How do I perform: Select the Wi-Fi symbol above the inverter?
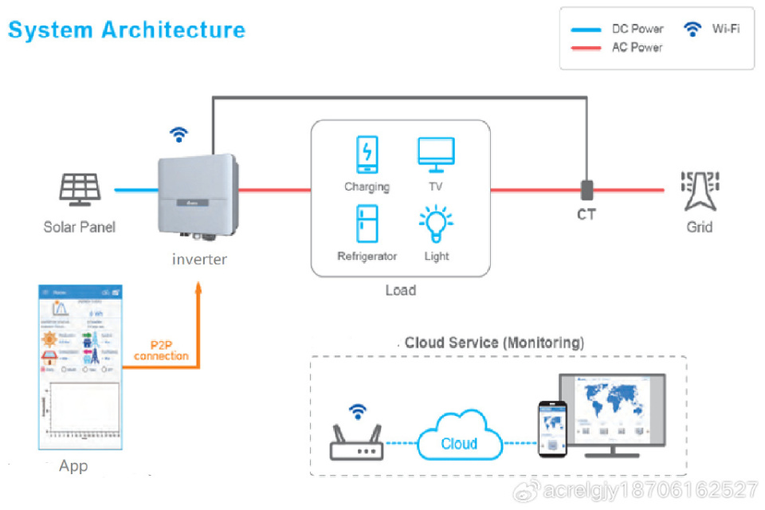click(179, 134)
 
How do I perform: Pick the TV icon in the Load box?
click(436, 154)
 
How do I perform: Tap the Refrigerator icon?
click(367, 223)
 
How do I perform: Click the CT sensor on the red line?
click(586, 190)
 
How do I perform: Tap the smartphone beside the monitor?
click(552, 428)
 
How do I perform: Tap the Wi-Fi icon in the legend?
click(692, 29)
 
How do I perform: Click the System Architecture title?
click(126, 30)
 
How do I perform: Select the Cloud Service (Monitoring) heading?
click(494, 343)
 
